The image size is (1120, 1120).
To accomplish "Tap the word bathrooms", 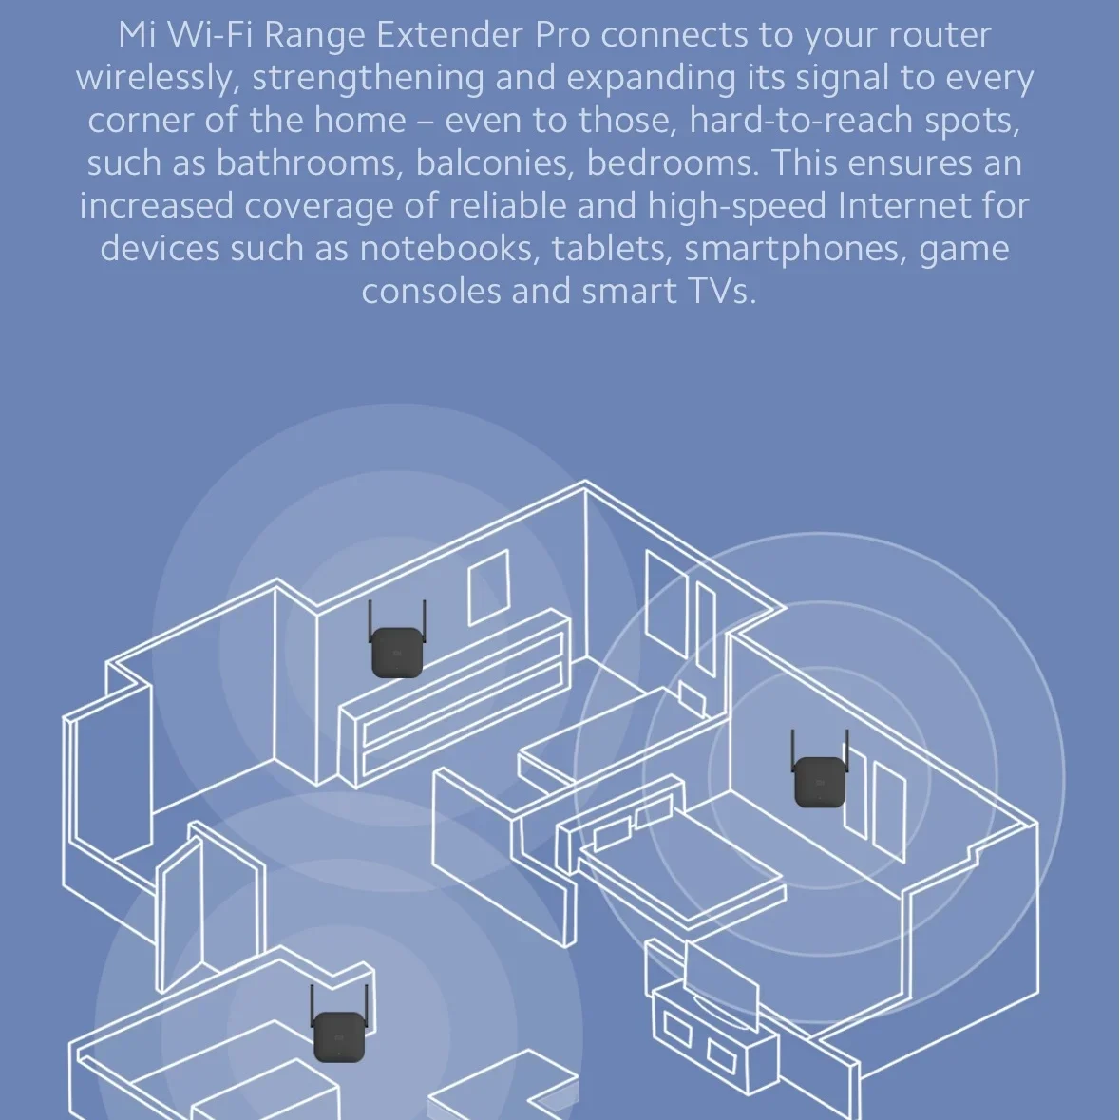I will [306, 163].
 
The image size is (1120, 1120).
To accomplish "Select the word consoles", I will [430, 292].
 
